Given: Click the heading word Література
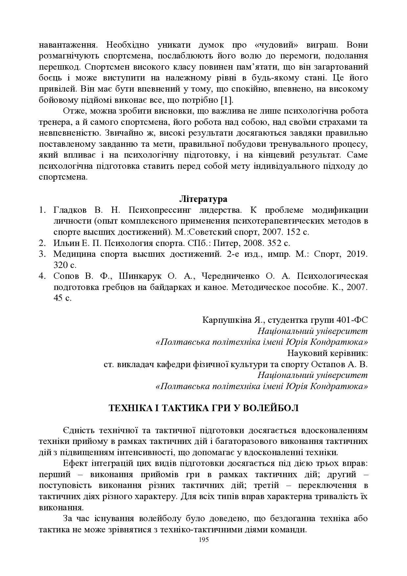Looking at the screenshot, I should coord(203,199).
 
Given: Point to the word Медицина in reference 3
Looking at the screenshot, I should coord(75,254).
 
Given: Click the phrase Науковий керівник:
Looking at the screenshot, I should coord(327,353).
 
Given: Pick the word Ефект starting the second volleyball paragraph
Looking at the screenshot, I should coord(75,463).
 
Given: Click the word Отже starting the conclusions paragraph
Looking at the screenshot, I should coord(72,111).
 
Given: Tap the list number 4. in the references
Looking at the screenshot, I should coord(42,276).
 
